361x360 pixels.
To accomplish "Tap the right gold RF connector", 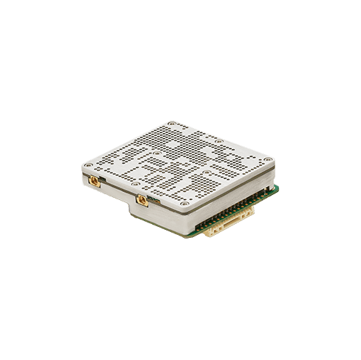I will point(139,197).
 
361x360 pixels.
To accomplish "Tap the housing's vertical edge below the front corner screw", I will point(187,222).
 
